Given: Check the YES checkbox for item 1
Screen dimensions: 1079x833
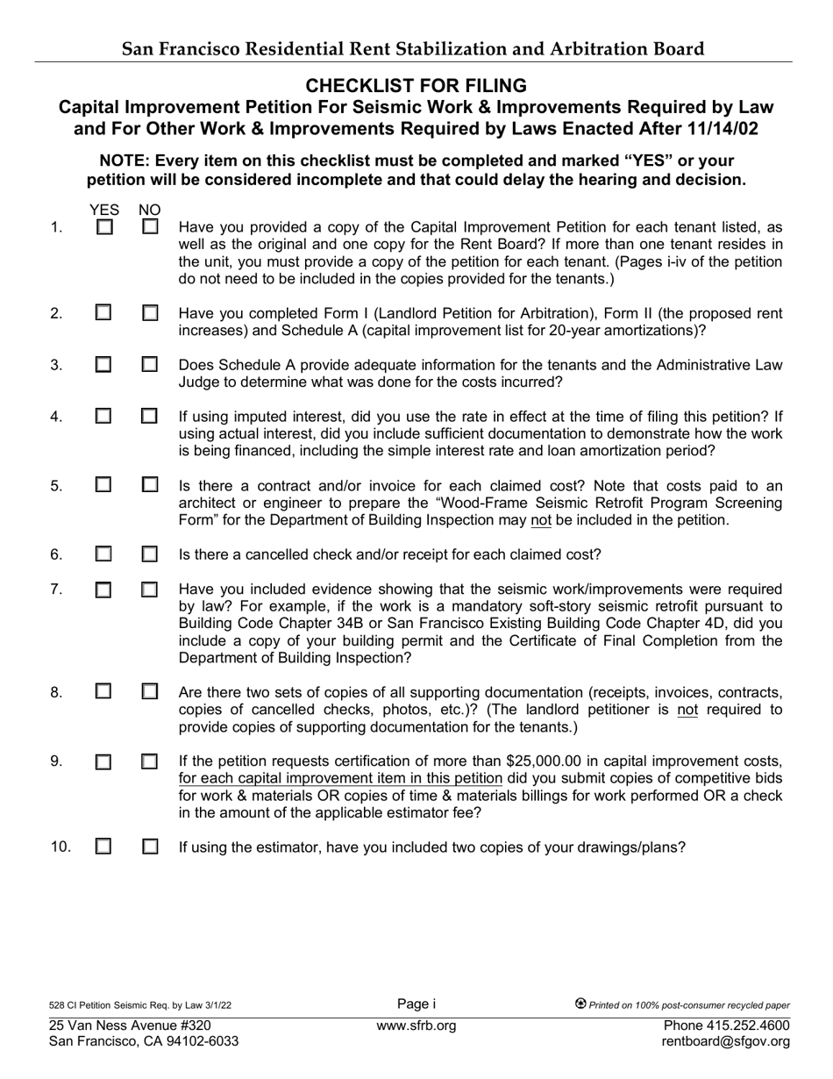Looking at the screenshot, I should pos(104,227).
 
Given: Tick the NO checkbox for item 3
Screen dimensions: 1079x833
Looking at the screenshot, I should pos(150,364).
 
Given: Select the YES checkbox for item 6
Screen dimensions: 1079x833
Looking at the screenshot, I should pos(103,554).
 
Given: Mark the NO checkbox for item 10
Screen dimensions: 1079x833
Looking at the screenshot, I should pos(150,847).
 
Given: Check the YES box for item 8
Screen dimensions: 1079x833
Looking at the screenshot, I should pos(103,692).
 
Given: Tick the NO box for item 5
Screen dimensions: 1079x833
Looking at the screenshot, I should pos(150,484).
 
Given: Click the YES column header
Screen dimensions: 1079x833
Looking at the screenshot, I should pos(104,211).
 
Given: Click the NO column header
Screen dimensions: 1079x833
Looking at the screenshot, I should pos(150,211).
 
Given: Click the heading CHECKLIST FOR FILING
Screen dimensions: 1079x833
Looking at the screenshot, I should pos(416,86).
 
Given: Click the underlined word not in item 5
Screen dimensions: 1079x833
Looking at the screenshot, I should pos(541,520).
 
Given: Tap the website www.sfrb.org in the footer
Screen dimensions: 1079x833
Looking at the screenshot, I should pos(416,1025).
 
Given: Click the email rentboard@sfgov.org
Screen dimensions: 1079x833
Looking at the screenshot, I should pos(728,1042).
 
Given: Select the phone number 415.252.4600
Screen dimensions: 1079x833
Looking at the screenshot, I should pos(746,1025).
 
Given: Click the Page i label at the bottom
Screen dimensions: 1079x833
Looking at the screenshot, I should pos(416,1004).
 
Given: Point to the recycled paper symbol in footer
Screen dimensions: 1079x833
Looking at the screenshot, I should pos(580,1004).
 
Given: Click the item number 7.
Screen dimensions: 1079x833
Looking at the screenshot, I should pos(56,589).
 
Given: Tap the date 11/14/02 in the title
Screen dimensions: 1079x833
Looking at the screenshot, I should pos(718,128).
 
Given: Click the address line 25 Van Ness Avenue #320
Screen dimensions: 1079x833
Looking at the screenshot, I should pos(130,1025).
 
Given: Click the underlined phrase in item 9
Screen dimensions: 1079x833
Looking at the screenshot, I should pos(340,778).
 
